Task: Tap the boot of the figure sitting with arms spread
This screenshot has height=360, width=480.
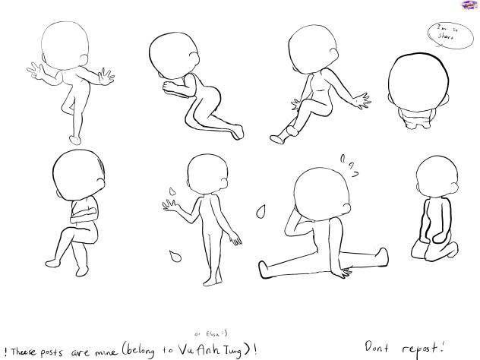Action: pyautogui.click(x=280, y=135)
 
